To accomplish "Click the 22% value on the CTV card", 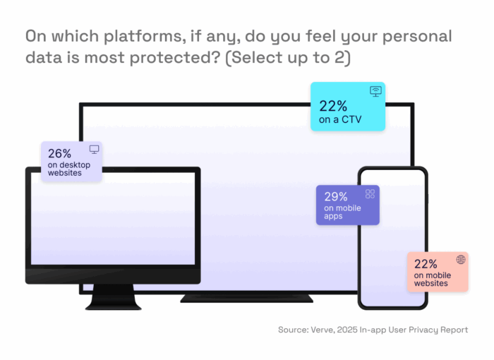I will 333,107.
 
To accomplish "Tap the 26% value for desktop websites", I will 60,153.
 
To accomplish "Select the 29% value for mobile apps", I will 336,197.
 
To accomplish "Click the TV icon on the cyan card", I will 375,91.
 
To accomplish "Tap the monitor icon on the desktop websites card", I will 94,150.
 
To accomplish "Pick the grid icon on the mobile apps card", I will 370,194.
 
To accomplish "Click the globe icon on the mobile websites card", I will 461,260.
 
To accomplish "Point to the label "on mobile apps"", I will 343,212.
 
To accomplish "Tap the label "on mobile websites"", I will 430,280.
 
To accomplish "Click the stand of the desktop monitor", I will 113,296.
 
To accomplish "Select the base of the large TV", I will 246,298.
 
